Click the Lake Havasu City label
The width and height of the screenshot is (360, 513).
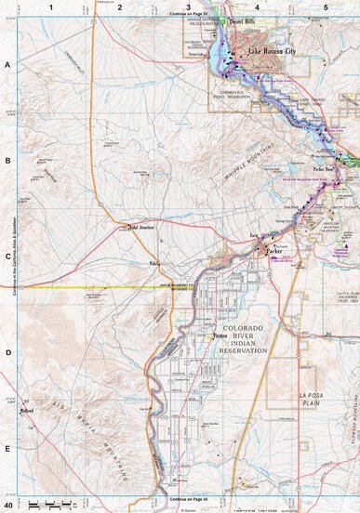coord(273,52)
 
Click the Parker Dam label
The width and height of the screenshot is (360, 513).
coord(324,169)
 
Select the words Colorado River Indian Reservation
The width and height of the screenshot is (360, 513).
coord(243,340)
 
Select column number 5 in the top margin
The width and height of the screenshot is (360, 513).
coord(326,7)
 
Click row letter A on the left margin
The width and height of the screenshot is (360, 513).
coord(7,65)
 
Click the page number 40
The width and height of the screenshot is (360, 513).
coord(8,506)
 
